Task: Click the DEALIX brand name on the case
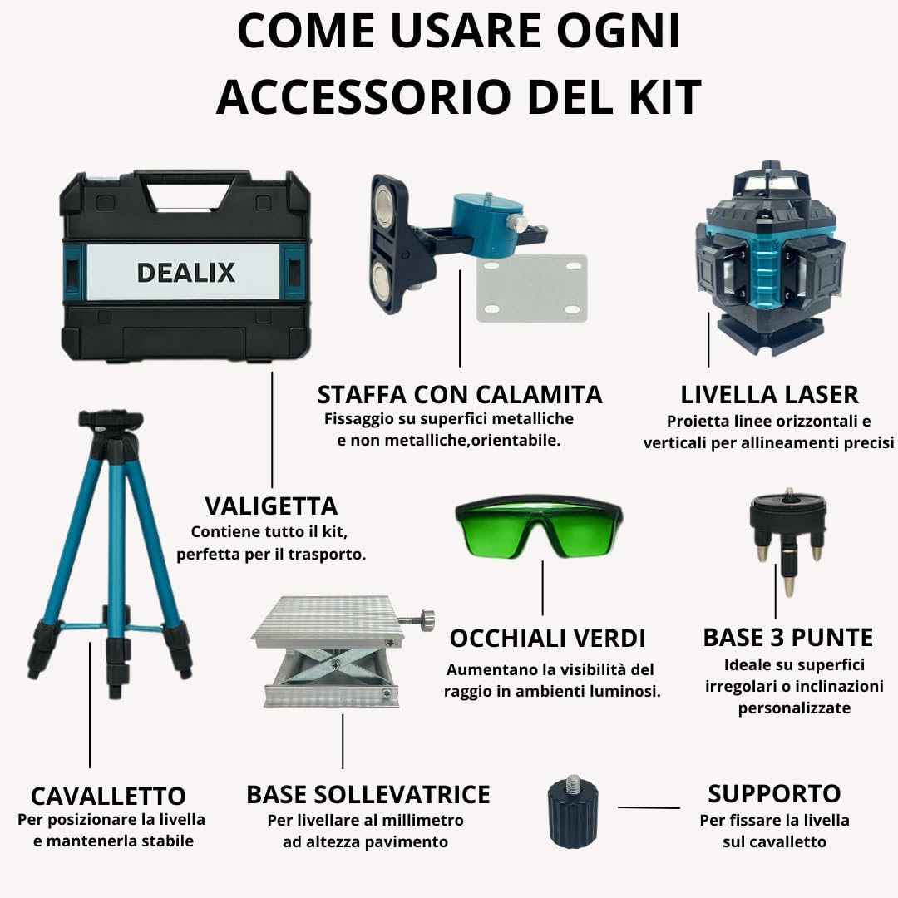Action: point(185,272)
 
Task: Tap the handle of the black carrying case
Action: point(188,178)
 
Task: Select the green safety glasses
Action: point(539,527)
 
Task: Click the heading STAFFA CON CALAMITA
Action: point(460,394)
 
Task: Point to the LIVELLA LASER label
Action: point(769,394)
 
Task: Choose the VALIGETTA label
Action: point(271,506)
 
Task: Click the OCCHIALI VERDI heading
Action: point(547,639)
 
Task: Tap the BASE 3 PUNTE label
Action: point(787,638)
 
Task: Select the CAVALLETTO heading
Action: point(108,795)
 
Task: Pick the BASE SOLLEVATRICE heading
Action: point(368,794)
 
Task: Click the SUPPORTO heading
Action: point(774,793)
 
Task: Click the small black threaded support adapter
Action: point(572,812)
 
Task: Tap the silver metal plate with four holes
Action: point(531,289)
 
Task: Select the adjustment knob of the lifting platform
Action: point(426,619)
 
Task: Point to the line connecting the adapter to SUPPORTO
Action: point(649,807)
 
